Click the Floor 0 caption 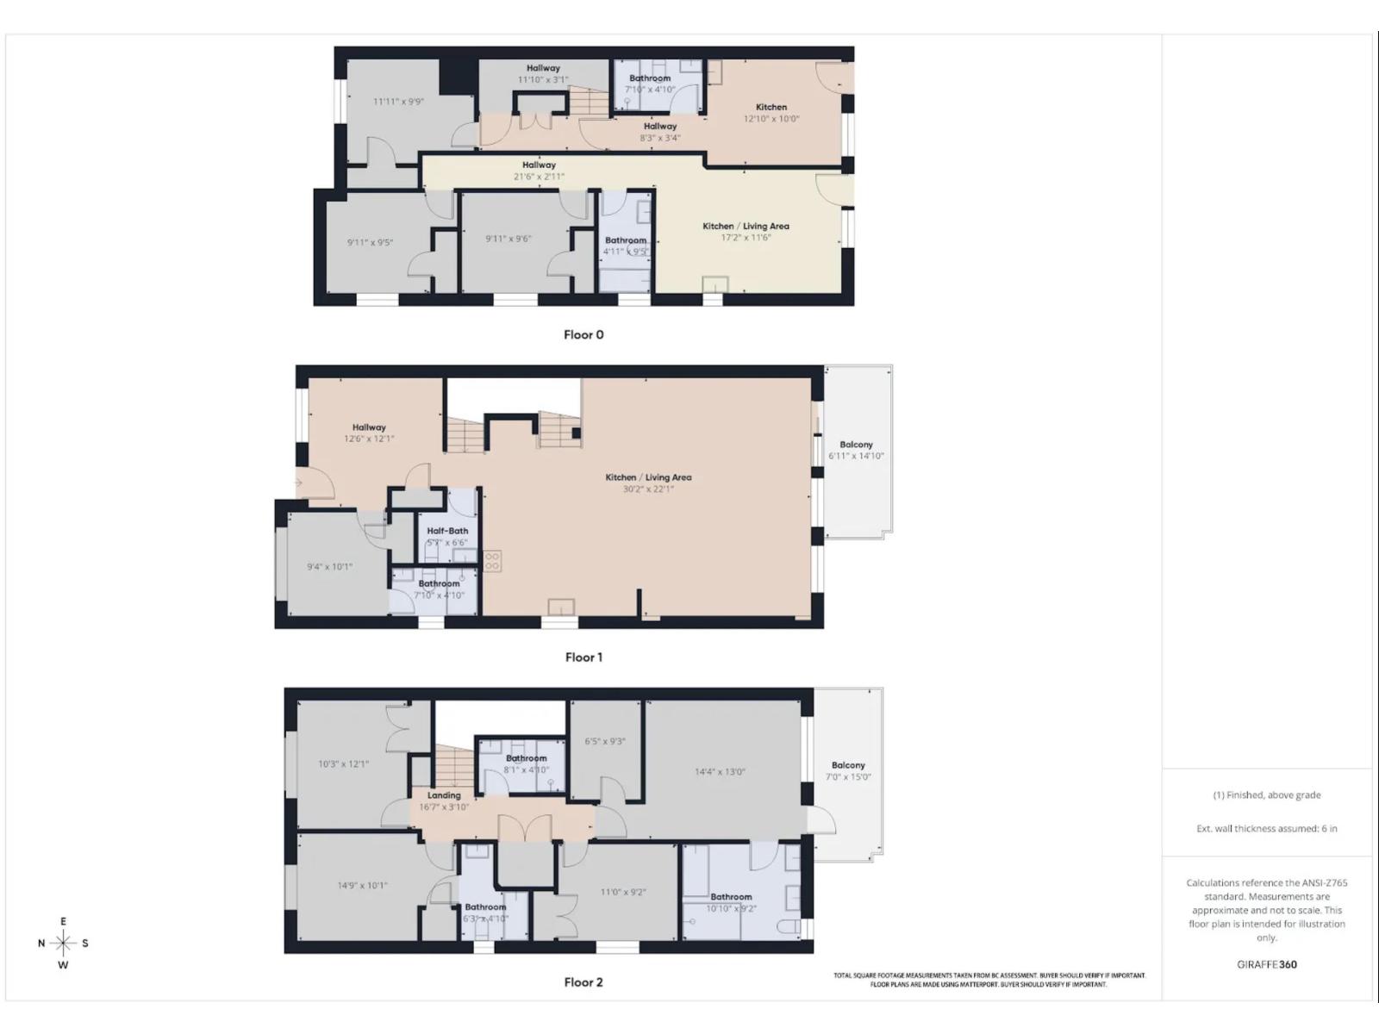[583, 334]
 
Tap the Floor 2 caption [583, 981]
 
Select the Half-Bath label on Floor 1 [447, 531]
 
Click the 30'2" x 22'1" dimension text [648, 489]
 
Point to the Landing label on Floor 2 [444, 795]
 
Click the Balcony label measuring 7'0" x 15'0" [848, 765]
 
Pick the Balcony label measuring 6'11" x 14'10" [856, 445]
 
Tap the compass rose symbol [63, 943]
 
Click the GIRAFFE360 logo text [1266, 964]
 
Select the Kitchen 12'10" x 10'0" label [771, 107]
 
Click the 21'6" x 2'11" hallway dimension [539, 177]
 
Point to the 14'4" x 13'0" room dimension [720, 772]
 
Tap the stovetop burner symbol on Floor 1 [492, 561]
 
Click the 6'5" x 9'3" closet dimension [605, 741]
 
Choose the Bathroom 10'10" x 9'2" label [731, 897]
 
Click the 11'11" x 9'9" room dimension [398, 102]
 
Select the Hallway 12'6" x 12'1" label [369, 427]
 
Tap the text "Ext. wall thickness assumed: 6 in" [1266, 828]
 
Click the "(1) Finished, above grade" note [1266, 794]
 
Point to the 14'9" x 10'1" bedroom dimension [362, 885]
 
